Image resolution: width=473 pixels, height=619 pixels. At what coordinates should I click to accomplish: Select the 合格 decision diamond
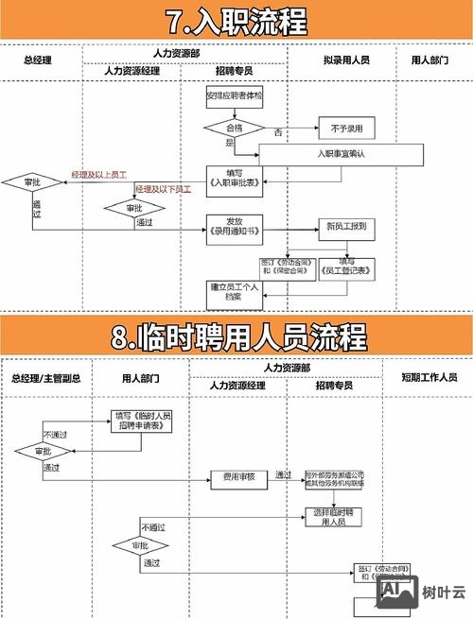(x=235, y=127)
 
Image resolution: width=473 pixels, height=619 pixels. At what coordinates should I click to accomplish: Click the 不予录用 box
(x=346, y=128)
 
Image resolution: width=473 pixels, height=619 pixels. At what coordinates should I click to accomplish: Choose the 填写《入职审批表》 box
(x=232, y=178)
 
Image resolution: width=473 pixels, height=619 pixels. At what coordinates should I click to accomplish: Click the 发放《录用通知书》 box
(x=232, y=227)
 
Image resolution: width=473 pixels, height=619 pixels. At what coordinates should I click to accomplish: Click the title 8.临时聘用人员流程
(x=236, y=337)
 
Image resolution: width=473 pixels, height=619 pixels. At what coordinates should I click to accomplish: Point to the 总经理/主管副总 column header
(x=45, y=377)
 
